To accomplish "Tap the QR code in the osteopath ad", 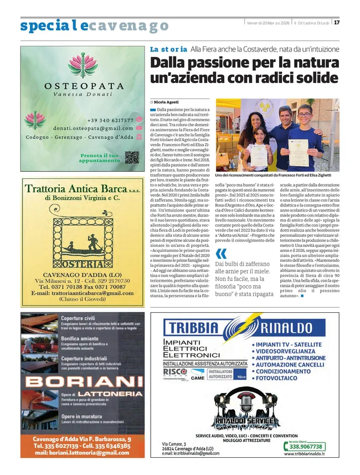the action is tap(131, 157).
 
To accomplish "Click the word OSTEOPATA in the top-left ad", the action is tap(84, 86).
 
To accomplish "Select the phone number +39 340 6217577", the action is tap(110, 120).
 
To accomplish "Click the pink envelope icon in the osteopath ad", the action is tap(140, 128).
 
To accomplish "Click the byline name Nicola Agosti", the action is tap(166, 102).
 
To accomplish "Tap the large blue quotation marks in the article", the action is tap(220, 254).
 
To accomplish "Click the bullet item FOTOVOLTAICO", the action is tap(280, 379).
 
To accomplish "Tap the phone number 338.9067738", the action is tap(306, 446).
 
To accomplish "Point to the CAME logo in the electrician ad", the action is tap(198, 378).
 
